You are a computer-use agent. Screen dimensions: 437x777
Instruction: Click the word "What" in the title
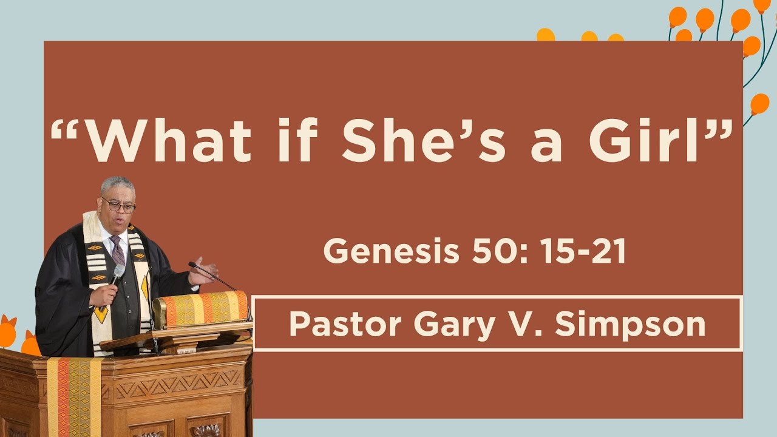pos(171,141)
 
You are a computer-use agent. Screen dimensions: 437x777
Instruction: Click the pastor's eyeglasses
pos(119,206)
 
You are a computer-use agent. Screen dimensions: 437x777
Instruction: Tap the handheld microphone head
pos(118,271)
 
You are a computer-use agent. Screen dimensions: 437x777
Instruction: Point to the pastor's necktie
pos(117,249)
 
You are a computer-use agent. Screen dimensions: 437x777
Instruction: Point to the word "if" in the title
pos(297,141)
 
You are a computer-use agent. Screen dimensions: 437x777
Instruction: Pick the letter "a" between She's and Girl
pos(545,147)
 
